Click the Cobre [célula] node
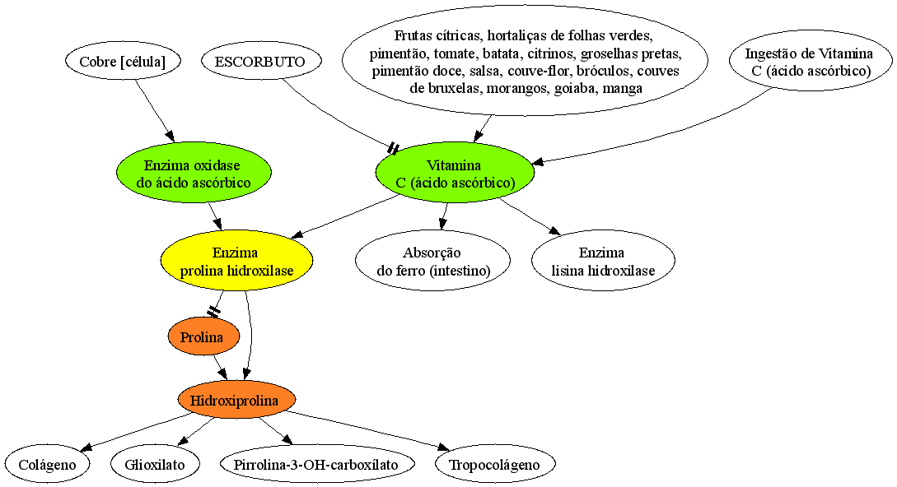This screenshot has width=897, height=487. (x=123, y=61)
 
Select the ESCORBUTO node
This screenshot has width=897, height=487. (x=261, y=61)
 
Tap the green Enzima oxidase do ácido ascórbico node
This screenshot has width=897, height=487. (x=194, y=173)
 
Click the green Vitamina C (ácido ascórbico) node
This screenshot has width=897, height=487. (x=455, y=173)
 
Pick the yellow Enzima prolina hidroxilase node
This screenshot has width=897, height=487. (x=237, y=261)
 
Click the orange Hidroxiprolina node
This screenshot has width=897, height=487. (x=236, y=400)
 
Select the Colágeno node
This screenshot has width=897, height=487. (x=48, y=464)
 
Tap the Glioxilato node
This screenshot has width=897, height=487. (x=155, y=464)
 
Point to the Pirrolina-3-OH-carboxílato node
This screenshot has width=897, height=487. (x=316, y=464)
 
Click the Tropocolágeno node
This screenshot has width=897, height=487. (x=495, y=464)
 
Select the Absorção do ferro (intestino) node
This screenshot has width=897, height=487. (x=432, y=261)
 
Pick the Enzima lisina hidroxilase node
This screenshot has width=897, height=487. (x=603, y=261)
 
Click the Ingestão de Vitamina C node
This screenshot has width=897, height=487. (x=811, y=61)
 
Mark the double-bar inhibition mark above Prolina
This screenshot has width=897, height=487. (x=213, y=312)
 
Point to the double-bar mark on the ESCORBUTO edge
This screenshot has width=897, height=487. (x=393, y=149)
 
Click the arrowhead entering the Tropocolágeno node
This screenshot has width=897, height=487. (x=443, y=448)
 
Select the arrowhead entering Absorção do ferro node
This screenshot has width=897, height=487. (x=442, y=224)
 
